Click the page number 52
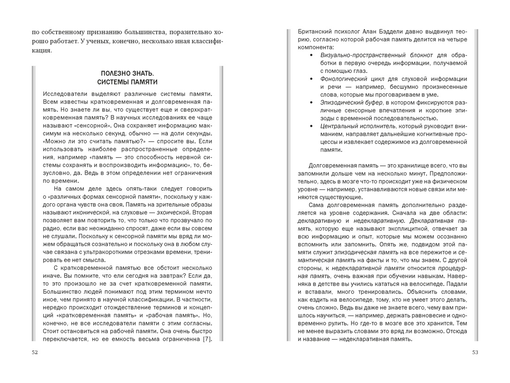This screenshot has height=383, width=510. pyautogui.click(x=35, y=352)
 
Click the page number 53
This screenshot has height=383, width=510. pyautogui.click(x=475, y=352)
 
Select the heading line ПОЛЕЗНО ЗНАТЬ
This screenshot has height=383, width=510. pyautogui.click(x=127, y=74)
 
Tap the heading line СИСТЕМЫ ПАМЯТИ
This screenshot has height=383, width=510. pyautogui.click(x=127, y=82)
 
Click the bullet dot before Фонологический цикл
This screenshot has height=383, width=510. pyautogui.click(x=312, y=79)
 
